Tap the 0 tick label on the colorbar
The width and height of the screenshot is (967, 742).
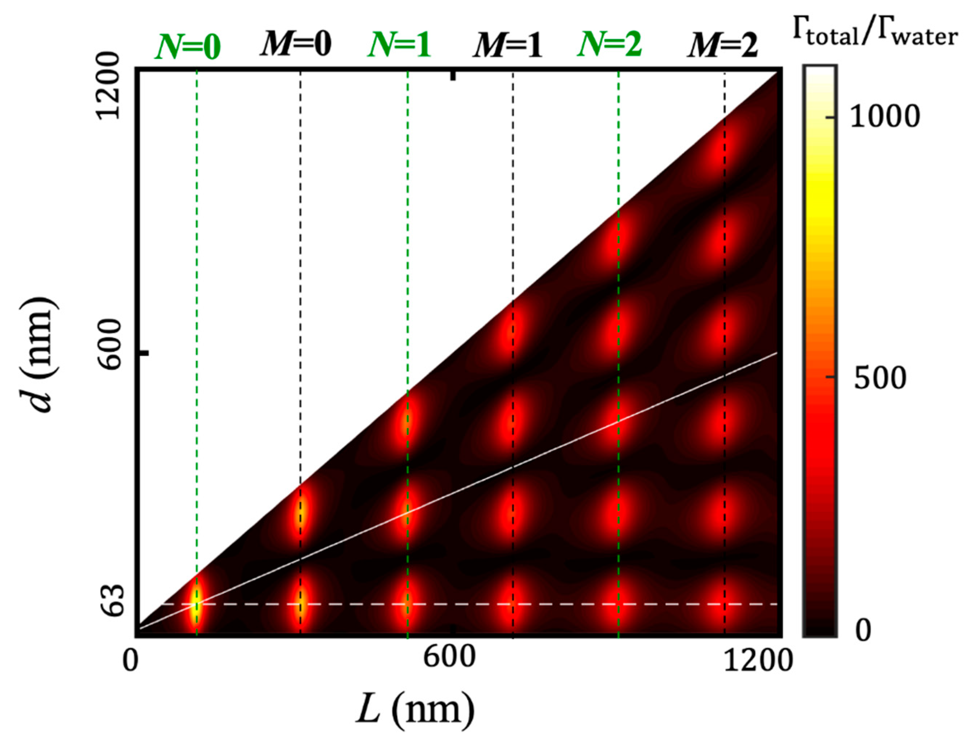point(863,631)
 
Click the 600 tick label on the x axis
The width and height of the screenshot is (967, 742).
point(449,657)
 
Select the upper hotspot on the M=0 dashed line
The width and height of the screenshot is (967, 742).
point(300,512)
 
